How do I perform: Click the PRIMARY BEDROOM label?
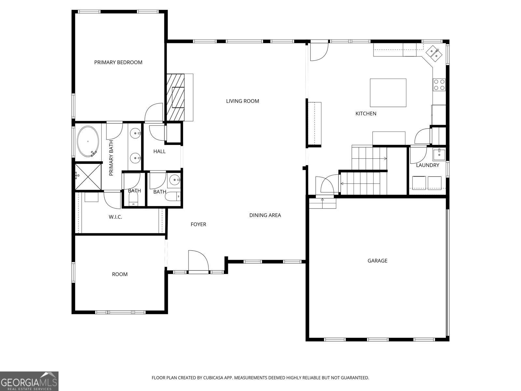pos(118,62)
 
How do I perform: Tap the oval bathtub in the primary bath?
pos(88,141)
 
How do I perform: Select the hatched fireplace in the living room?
pos(176,97)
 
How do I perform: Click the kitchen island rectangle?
pos(388,93)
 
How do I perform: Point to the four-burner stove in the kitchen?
pos(439,85)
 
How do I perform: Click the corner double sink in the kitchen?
pos(434,52)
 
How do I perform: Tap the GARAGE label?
pos(377,261)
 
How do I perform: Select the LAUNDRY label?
pos(428,165)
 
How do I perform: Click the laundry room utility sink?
pos(439,152)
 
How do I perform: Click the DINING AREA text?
pos(265,215)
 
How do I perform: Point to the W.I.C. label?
pos(115,217)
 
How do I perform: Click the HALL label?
pos(160,152)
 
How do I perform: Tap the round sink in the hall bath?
pos(175,179)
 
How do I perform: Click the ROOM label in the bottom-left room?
pos(120,274)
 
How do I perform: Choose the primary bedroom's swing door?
pos(154,112)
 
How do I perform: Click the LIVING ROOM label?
pos(243,101)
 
